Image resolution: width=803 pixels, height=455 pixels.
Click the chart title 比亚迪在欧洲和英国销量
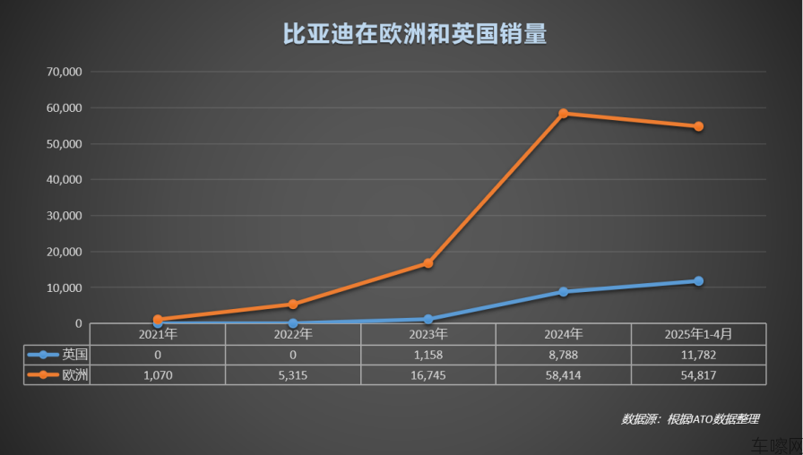[401, 34]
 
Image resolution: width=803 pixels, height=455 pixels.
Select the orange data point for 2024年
[564, 114]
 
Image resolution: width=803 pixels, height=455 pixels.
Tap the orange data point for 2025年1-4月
[699, 126]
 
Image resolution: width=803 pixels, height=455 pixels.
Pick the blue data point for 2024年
[564, 292]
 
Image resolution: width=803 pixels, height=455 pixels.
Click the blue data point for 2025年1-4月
[699, 281]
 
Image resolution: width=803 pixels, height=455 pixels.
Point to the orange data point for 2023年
[428, 263]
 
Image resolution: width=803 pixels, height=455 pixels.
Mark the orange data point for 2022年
[293, 305]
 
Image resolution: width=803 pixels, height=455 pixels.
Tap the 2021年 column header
[158, 334]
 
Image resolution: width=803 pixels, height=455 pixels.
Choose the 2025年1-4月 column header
[699, 334]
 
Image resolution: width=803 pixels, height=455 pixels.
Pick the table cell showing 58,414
[564, 374]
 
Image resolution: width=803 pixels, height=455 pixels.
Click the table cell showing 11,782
[699, 355]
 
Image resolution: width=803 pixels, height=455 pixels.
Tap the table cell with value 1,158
[428, 355]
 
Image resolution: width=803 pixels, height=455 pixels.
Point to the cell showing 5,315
[293, 374]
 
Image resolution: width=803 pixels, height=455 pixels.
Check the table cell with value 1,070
[158, 374]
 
